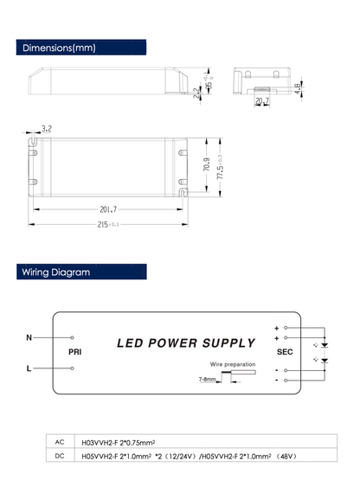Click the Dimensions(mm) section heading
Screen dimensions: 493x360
click(59, 48)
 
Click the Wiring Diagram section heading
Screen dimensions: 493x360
click(56, 272)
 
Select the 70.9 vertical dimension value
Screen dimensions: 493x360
click(207, 163)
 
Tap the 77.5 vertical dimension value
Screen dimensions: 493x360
click(220, 164)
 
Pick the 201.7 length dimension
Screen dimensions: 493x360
click(108, 208)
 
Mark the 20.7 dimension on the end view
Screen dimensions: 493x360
click(262, 101)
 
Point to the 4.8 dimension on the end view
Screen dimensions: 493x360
click(297, 87)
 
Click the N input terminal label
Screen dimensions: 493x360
click(29, 337)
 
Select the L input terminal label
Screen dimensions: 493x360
click(29, 368)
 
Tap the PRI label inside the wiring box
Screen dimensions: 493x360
click(74, 353)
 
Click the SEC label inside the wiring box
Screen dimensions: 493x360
click(285, 352)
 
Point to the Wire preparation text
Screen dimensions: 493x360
click(232, 364)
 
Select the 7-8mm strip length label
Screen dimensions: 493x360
click(207, 379)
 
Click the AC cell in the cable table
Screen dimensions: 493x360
click(60, 440)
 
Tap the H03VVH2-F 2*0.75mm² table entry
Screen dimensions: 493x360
click(118, 440)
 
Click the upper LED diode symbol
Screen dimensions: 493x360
click(325, 344)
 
